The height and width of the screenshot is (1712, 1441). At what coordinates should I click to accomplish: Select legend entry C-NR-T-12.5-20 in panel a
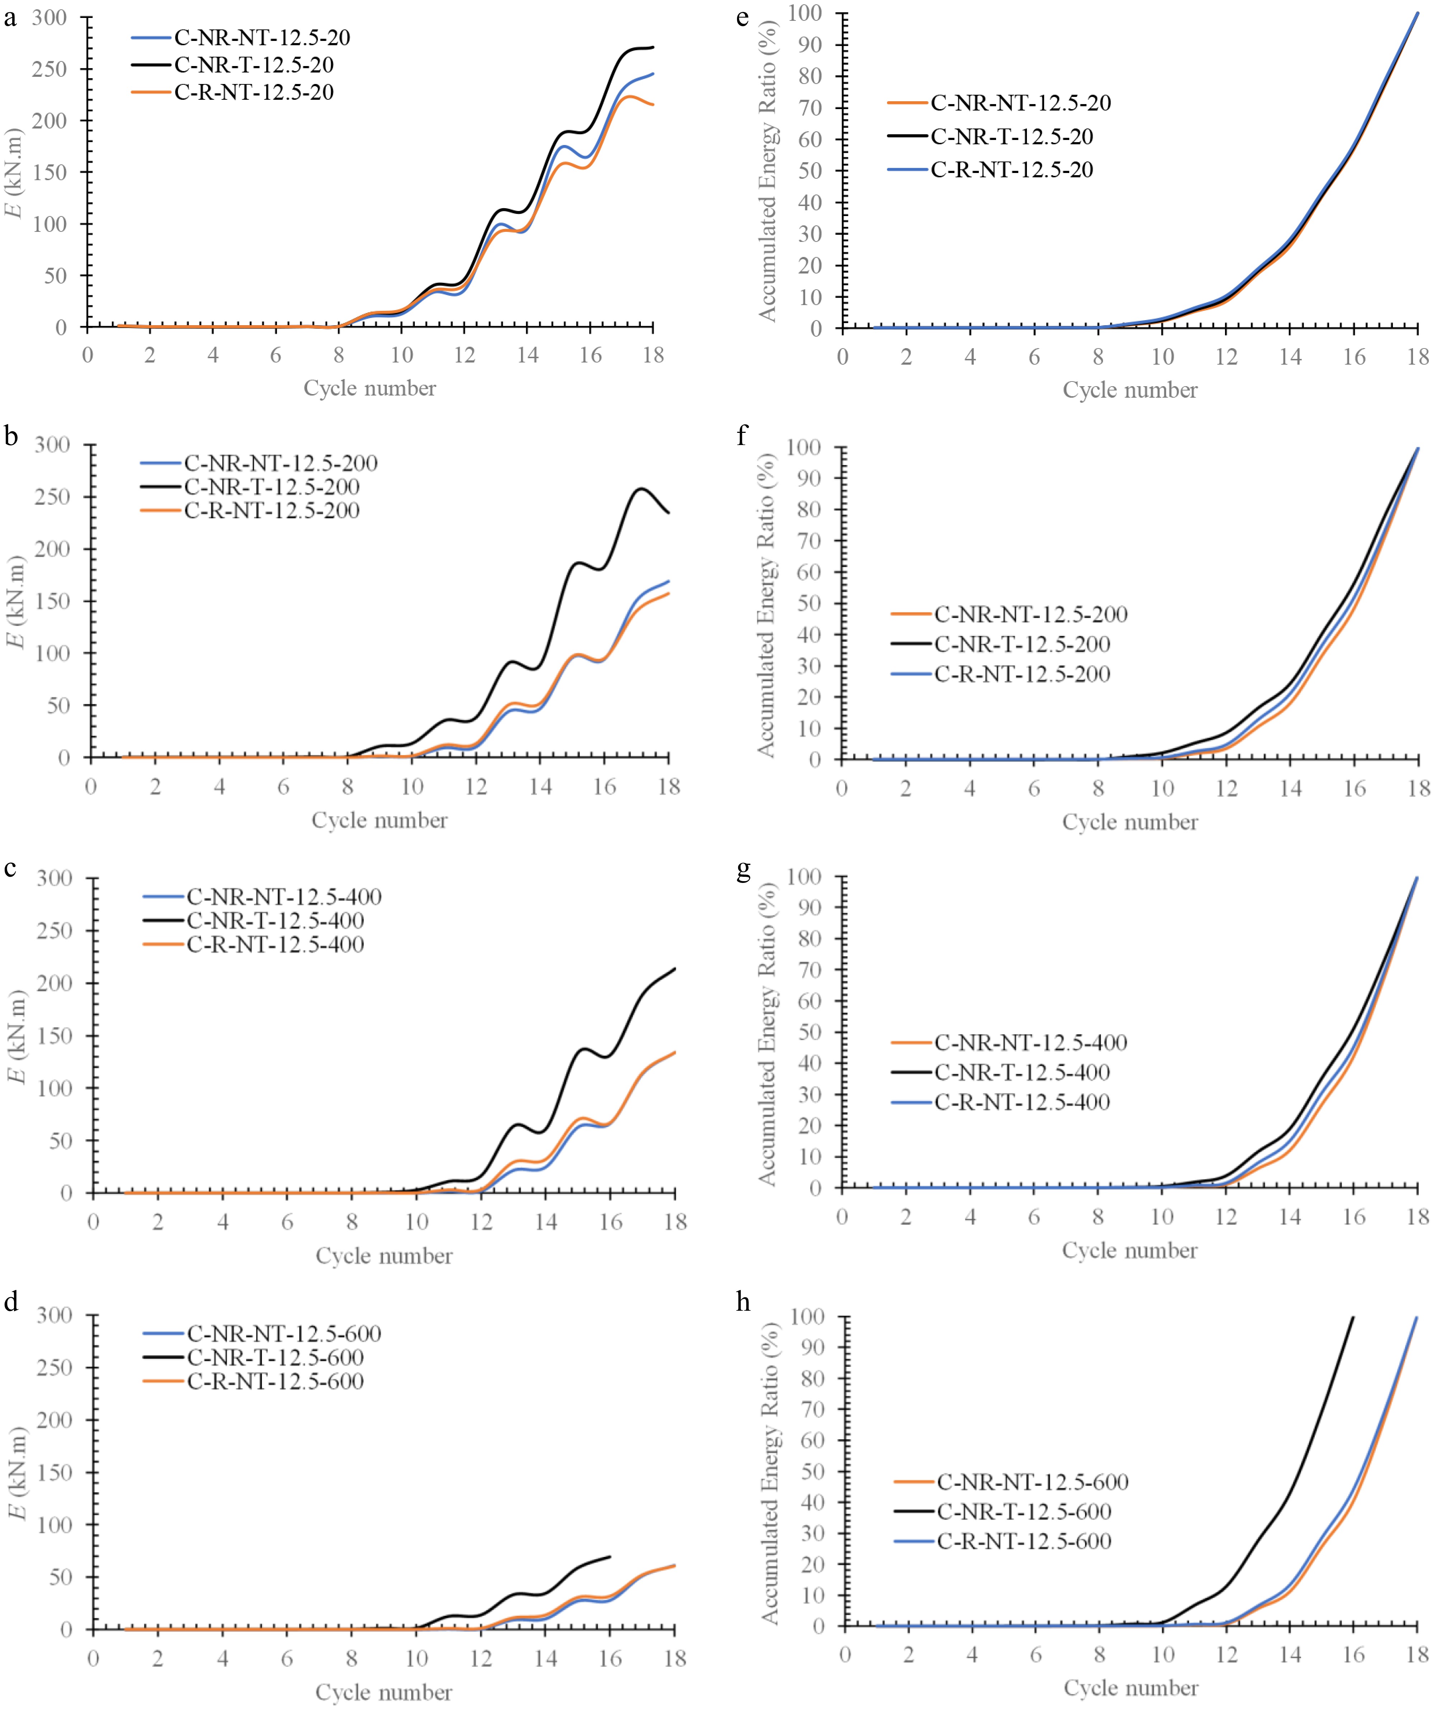click(x=253, y=65)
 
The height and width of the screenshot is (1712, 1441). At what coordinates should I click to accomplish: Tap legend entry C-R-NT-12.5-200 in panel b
click(x=271, y=511)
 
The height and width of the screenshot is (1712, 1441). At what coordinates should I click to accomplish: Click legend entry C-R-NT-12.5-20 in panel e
click(x=1011, y=170)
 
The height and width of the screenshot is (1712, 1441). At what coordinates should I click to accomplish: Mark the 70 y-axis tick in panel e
click(x=809, y=108)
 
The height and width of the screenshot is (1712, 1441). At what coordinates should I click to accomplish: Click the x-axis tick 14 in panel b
click(x=540, y=787)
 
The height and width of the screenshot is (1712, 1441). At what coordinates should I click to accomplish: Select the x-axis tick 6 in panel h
click(x=1036, y=1655)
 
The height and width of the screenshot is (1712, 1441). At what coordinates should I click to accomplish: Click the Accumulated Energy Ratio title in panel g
click(x=766, y=1034)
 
